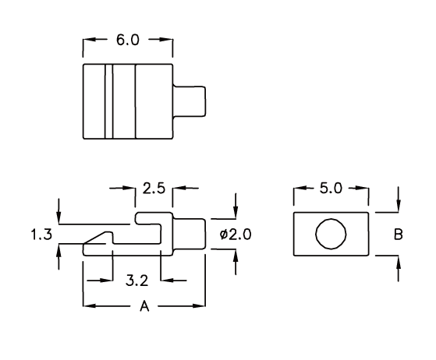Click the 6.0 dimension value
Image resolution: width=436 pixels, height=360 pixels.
(x=128, y=40)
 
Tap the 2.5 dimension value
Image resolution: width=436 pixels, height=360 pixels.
(x=154, y=189)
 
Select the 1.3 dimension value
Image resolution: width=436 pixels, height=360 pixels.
(x=41, y=235)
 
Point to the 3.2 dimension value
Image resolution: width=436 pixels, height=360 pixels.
(x=136, y=281)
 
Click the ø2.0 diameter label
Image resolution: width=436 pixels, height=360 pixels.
(x=236, y=235)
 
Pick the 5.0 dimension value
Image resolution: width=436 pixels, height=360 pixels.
(x=331, y=189)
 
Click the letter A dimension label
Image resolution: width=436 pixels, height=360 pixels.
(x=144, y=306)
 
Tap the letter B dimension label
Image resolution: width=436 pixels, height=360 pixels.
(x=399, y=235)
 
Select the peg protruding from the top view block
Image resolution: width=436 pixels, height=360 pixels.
(x=189, y=101)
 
